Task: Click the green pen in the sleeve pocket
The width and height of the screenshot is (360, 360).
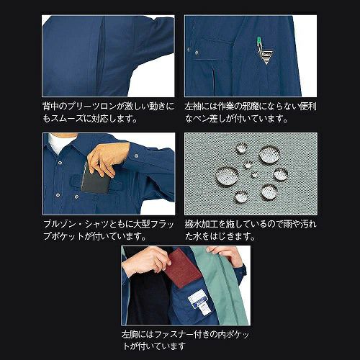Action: point(258,42)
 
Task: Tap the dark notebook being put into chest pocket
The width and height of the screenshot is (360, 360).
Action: point(95,181)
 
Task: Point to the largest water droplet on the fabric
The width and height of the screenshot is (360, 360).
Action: point(227,176)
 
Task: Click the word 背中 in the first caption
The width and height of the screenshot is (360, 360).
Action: point(51,106)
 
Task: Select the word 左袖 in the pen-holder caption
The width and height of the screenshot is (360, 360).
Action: point(193,106)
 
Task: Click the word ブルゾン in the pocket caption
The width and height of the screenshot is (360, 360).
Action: point(60,224)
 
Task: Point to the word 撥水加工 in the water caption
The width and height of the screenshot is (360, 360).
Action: point(202,224)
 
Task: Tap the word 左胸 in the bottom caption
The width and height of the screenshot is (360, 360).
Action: point(130,334)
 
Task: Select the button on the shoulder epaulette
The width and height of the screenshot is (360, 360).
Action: point(136,156)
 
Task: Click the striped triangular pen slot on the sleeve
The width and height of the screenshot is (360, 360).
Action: point(266,56)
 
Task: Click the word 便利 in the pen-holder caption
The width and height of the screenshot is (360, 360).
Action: point(308,106)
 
